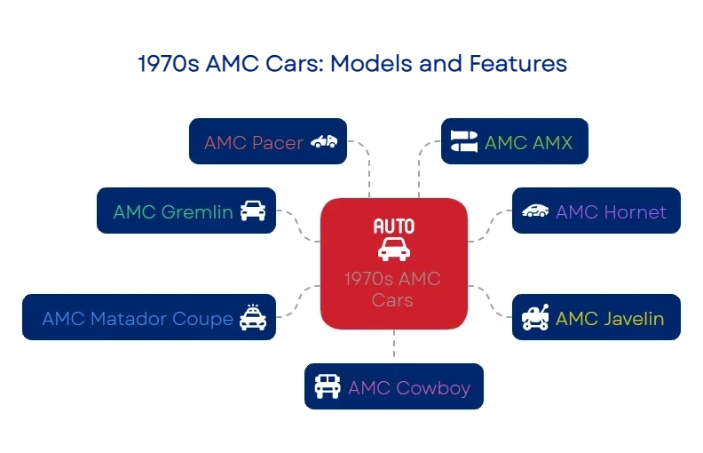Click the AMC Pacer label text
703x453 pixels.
pyautogui.click(x=254, y=143)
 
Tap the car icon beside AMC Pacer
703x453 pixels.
pyautogui.click(x=324, y=142)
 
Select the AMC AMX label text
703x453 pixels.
pyautogui.click(x=528, y=143)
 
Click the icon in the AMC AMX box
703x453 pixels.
pyautogui.click(x=464, y=142)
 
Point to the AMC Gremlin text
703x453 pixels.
pyautogui.click(x=173, y=212)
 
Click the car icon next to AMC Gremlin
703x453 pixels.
pyautogui.click(x=253, y=211)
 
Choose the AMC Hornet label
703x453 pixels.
pyautogui.click(x=611, y=212)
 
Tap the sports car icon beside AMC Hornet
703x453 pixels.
pyautogui.click(x=535, y=211)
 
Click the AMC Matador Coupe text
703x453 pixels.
pyautogui.click(x=138, y=319)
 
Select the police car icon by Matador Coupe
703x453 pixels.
pyautogui.click(x=253, y=317)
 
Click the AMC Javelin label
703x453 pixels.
pyautogui.click(x=610, y=319)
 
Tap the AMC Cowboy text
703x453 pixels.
pyautogui.click(x=409, y=388)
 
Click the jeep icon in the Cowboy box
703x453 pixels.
pyautogui.click(x=328, y=387)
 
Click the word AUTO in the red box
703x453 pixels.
pyautogui.click(x=393, y=226)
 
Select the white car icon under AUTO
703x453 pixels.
pyautogui.click(x=393, y=249)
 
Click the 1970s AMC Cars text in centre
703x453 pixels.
pyautogui.click(x=393, y=290)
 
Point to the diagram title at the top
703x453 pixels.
pyautogui.click(x=351, y=65)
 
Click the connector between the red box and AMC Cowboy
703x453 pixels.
pyautogui.click(x=393, y=346)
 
